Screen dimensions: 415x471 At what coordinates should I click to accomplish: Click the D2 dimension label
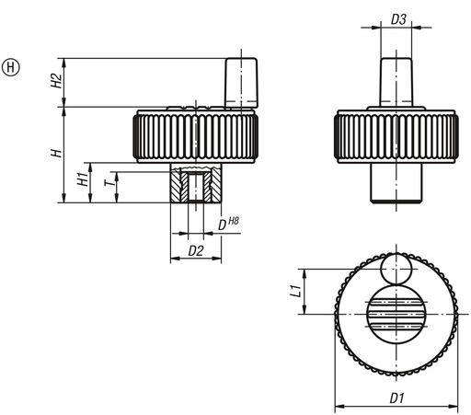194,249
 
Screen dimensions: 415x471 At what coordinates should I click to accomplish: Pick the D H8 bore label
227,223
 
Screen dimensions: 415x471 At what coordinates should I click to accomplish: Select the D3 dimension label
398,17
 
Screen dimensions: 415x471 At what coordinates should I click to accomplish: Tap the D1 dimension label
397,398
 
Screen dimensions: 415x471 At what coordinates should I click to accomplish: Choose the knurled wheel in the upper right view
397,137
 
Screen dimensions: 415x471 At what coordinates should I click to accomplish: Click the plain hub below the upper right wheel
397,182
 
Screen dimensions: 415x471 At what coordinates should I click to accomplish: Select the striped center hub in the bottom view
396,313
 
